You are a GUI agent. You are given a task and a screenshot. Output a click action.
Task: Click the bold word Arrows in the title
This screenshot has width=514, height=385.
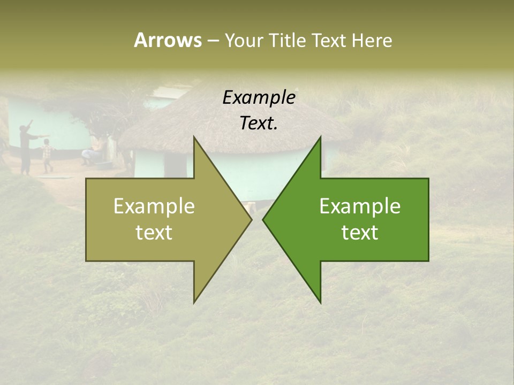168,40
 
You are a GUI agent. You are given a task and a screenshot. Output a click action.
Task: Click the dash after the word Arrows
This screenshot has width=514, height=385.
213,41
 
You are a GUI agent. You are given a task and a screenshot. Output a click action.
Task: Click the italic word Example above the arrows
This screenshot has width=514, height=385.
259,98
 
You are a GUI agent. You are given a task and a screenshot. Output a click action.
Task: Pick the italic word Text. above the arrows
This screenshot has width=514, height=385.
259,123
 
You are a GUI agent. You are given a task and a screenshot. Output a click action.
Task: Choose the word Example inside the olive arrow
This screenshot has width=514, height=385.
154,206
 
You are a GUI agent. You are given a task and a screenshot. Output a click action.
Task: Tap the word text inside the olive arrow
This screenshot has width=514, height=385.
154,233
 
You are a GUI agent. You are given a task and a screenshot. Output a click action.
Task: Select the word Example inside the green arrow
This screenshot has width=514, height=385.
360,206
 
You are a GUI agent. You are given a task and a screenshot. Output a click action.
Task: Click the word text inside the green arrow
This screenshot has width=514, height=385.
360,233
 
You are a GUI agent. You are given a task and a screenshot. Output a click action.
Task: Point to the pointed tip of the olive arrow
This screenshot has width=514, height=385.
251,219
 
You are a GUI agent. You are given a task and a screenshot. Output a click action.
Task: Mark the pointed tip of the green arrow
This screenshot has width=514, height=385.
264,219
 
